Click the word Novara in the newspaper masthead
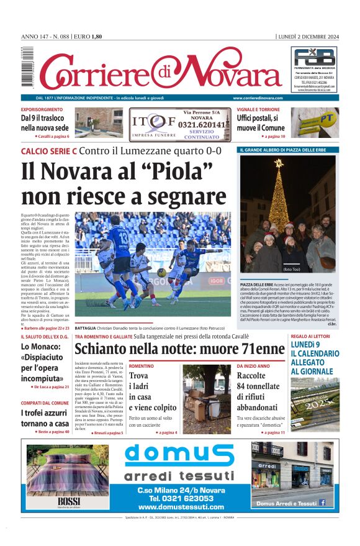tap(230, 73)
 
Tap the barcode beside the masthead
tap(25, 68)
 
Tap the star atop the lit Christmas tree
tap(279, 163)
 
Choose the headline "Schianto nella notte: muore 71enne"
tap(179, 347)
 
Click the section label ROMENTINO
tap(142, 366)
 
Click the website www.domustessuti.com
tap(181, 507)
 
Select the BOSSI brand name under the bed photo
tap(65, 501)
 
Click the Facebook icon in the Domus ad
tap(322, 503)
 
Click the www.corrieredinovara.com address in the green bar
tap(258, 98)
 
